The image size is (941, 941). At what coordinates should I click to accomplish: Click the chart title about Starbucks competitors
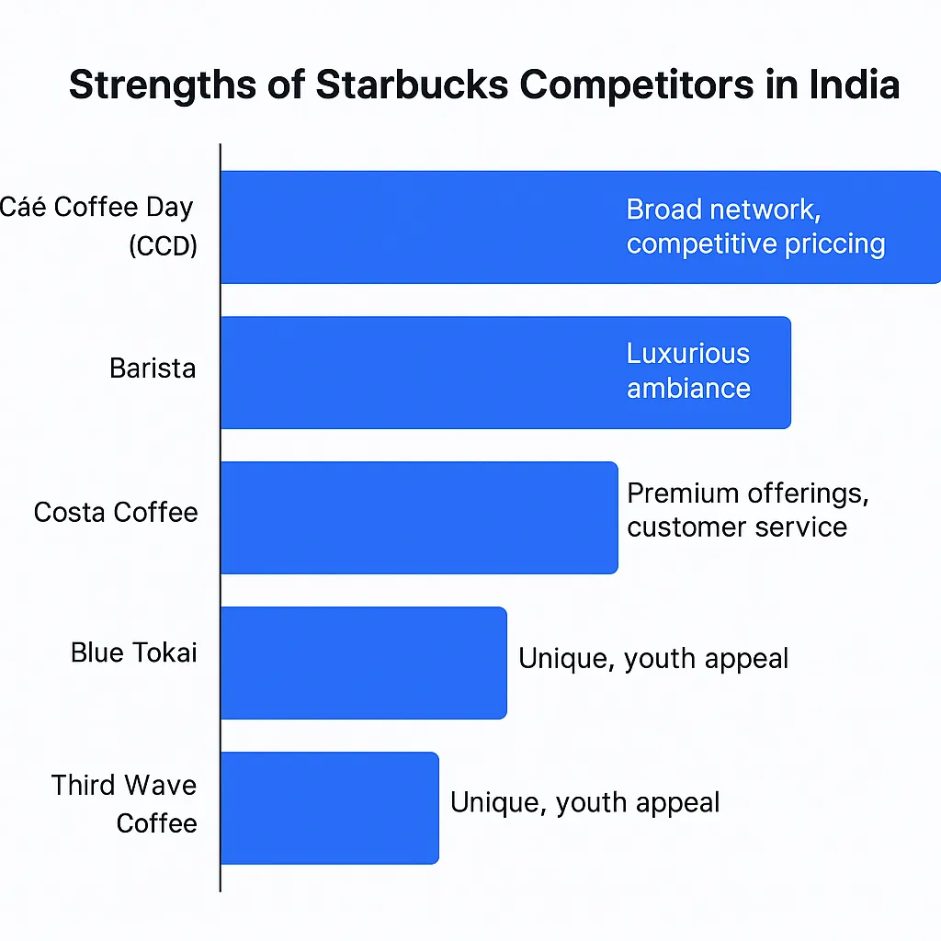[484, 85]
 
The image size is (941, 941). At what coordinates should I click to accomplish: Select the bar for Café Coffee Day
[581, 227]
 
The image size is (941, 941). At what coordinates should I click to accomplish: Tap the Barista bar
[506, 373]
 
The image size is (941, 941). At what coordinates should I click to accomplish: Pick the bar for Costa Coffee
[419, 517]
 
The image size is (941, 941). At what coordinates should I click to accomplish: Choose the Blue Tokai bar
[364, 663]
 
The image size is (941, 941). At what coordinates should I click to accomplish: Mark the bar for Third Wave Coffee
[330, 808]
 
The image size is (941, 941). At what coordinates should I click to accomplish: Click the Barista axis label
[153, 368]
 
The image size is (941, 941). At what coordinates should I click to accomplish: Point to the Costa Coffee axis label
[116, 513]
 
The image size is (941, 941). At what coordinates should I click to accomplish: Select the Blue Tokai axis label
[134, 652]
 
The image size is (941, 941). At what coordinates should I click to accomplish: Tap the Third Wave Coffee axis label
[124, 804]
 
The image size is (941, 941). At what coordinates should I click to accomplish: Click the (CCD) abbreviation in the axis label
[164, 245]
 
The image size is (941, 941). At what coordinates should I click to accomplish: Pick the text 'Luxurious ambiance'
[688, 371]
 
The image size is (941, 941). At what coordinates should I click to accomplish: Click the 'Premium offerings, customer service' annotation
[748, 511]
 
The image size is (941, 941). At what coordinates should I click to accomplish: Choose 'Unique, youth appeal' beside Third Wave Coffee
[585, 803]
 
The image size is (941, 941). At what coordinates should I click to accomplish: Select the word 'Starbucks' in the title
[413, 84]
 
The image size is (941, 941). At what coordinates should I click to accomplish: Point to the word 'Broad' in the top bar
[663, 210]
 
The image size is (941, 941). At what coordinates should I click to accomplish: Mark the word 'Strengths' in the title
[163, 85]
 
